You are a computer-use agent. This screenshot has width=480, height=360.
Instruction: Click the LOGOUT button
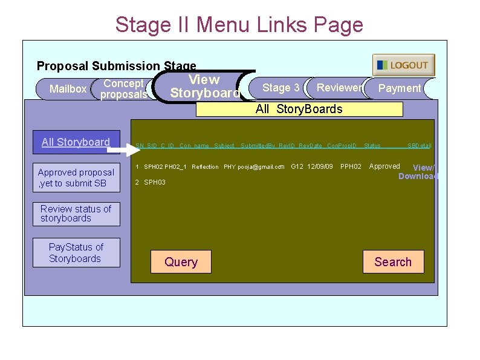[x=403, y=65]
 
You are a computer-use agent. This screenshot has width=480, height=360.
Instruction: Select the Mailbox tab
[x=68, y=89]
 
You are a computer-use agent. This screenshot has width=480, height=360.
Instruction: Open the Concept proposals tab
[x=123, y=89]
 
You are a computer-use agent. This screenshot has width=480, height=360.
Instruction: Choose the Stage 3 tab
[x=281, y=88]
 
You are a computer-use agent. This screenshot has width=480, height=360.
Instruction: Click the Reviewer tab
[x=339, y=88]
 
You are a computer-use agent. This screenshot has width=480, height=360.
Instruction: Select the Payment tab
[x=399, y=88]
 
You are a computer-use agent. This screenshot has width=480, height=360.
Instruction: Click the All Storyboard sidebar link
[x=76, y=142]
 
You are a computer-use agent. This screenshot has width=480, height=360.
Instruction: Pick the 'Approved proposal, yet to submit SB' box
[x=76, y=178]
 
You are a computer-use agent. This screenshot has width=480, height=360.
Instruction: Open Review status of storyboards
[x=76, y=214]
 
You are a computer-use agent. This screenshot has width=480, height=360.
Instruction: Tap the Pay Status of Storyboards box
[x=76, y=252]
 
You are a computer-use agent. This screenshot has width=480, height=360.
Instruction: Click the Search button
[x=393, y=262]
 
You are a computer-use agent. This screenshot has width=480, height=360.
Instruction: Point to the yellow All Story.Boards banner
[x=299, y=109]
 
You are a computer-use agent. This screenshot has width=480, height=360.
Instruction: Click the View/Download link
[x=418, y=172]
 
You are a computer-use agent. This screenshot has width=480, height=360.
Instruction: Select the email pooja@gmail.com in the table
[x=261, y=167]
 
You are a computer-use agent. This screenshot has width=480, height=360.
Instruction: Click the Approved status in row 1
[x=384, y=166]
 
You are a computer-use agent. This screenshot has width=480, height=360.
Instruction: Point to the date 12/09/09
[x=320, y=166]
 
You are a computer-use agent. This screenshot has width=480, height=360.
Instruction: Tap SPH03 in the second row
[x=155, y=182]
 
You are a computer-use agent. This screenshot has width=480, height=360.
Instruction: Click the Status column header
[x=372, y=146]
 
